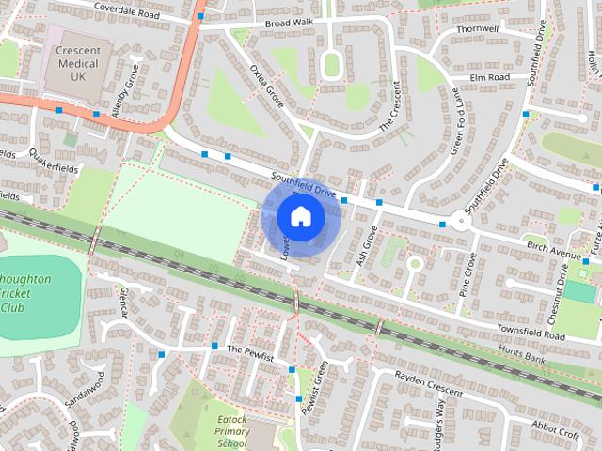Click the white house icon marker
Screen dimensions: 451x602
[300, 216]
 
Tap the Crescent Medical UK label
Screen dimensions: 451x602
[79, 62]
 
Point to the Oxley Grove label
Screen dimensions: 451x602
[267, 86]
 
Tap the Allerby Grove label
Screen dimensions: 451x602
[125, 90]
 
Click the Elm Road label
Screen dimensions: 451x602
[490, 77]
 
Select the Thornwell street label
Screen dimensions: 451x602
[476, 29]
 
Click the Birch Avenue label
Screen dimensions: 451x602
[554, 252]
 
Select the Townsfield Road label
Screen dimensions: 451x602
[531, 334]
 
